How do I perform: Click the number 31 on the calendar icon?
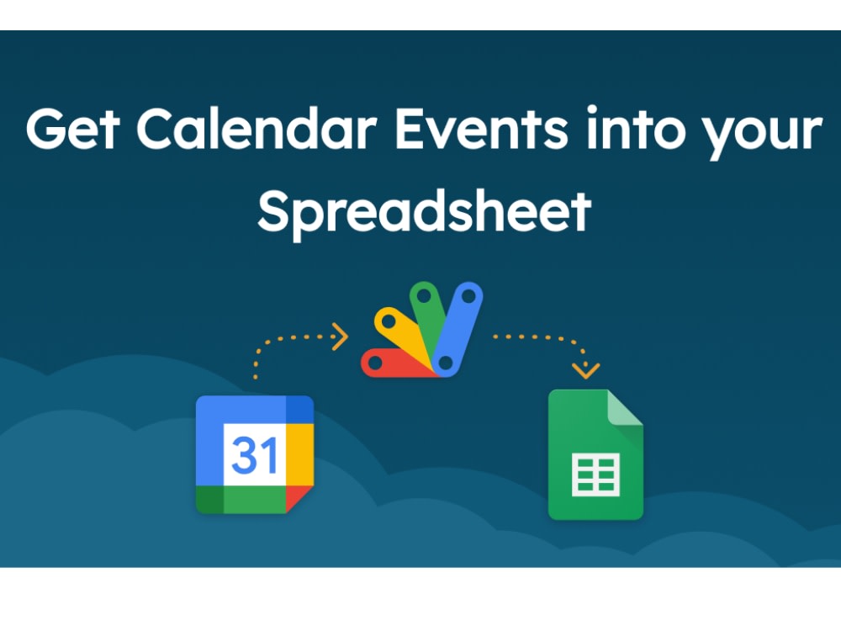255,455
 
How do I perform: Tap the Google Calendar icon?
255,455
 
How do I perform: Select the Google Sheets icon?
595,455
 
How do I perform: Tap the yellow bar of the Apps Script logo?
399,331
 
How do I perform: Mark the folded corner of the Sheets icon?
623,409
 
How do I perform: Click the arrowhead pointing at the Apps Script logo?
341,337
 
